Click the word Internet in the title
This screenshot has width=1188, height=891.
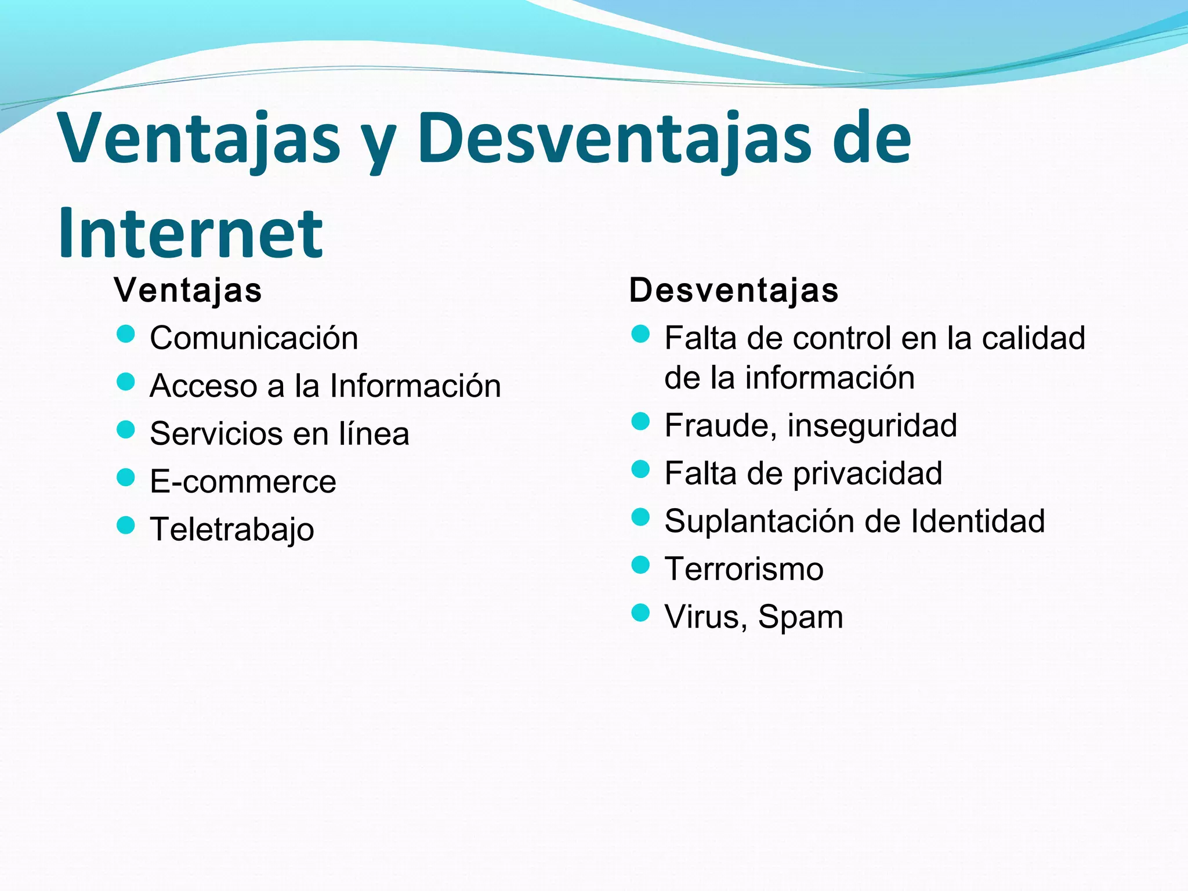click(x=190, y=233)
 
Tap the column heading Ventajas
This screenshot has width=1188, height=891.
click(x=188, y=290)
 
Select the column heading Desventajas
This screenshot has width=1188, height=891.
click(x=734, y=290)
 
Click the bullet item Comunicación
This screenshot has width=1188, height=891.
click(x=254, y=338)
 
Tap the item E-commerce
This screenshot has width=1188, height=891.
click(x=243, y=481)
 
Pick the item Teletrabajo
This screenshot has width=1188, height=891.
click(x=232, y=530)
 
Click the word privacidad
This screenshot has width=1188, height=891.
click(x=867, y=473)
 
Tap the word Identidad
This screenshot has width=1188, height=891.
click(x=978, y=521)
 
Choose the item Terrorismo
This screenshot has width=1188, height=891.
click(x=744, y=569)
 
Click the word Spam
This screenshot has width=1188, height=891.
click(x=801, y=617)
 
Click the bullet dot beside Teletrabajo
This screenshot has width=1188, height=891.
click(x=125, y=526)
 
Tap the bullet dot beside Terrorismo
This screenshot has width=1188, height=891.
click(x=640, y=564)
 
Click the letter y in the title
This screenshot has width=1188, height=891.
click(x=378, y=142)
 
